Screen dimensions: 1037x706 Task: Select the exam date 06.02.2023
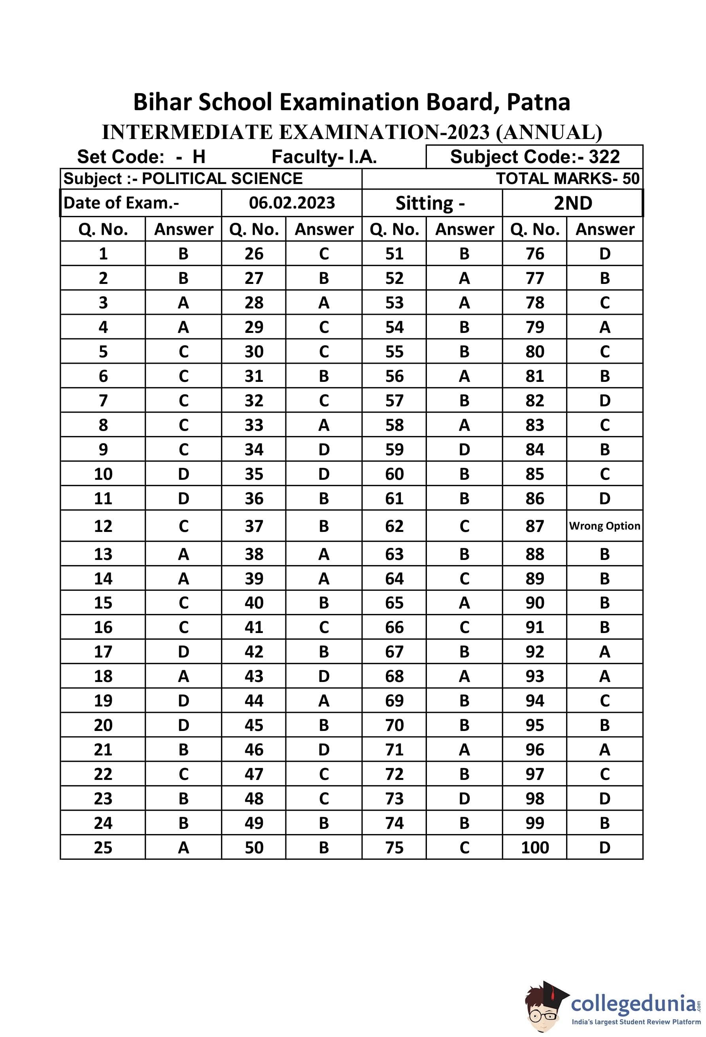click(292, 203)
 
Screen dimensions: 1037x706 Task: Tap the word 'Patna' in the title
click(538, 102)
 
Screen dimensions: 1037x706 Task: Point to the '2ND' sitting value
click(572, 203)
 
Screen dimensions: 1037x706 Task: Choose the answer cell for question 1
click(183, 254)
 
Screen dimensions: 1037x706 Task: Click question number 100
click(534, 847)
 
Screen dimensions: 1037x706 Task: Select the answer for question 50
click(324, 847)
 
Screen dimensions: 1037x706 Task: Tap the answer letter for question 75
click(464, 847)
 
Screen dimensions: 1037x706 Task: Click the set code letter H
click(199, 157)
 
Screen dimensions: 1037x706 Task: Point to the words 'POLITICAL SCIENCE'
click(222, 178)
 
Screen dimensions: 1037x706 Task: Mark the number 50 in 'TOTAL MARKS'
click(630, 178)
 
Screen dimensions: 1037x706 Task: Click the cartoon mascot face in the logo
click(542, 1011)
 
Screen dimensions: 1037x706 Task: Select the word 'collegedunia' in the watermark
click(633, 1003)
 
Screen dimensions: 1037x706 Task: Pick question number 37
click(254, 526)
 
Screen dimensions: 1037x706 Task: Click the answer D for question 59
click(464, 449)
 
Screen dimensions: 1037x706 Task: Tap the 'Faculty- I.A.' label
click(324, 157)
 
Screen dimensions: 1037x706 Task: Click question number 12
click(103, 526)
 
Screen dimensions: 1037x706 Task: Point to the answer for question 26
click(324, 254)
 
